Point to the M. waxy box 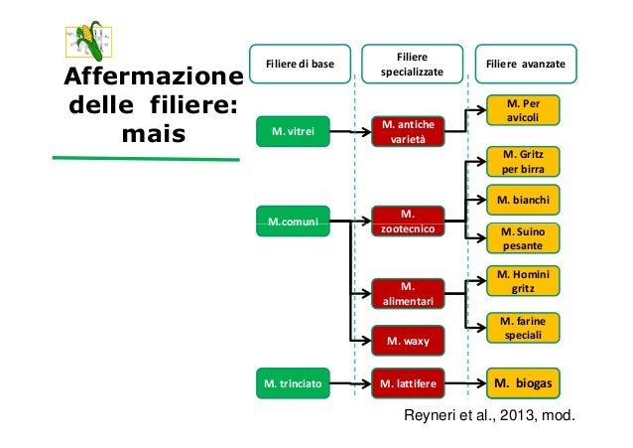408,342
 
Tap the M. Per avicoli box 522,109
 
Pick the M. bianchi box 522,199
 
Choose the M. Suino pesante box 522,236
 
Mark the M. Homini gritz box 522,280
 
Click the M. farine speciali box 522,328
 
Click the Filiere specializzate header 411,65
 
